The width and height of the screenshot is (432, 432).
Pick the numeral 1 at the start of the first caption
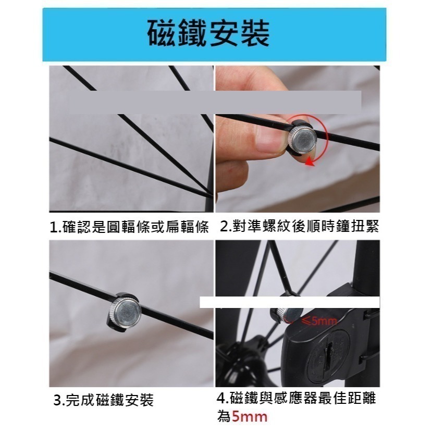(53, 228)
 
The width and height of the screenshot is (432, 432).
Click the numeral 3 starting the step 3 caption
(57, 401)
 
